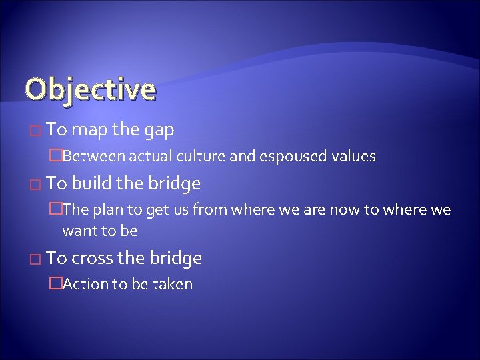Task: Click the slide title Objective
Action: [x=89, y=89]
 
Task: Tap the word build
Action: [x=95, y=183]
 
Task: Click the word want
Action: [x=77, y=231]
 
